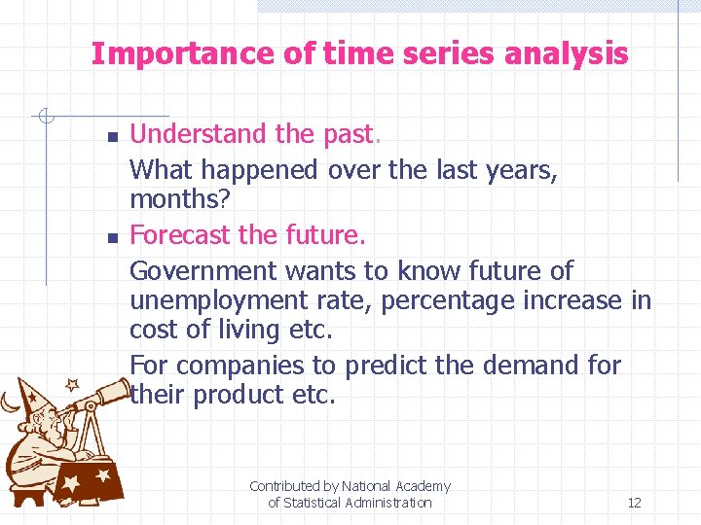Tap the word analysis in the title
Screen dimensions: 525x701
point(566,53)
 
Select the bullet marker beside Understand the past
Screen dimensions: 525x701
point(112,136)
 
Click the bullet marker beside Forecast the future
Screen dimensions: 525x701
point(112,237)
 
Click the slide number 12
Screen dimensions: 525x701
point(634,503)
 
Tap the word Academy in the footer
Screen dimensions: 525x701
point(423,486)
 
